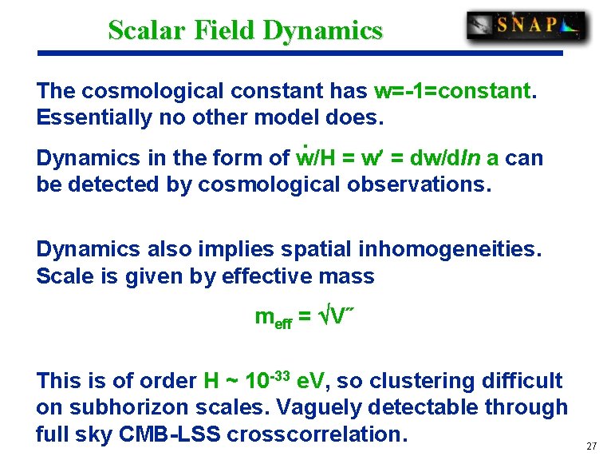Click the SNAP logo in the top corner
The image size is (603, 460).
[526, 26]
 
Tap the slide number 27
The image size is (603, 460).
[591, 446]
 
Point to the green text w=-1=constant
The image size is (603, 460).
[451, 91]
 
